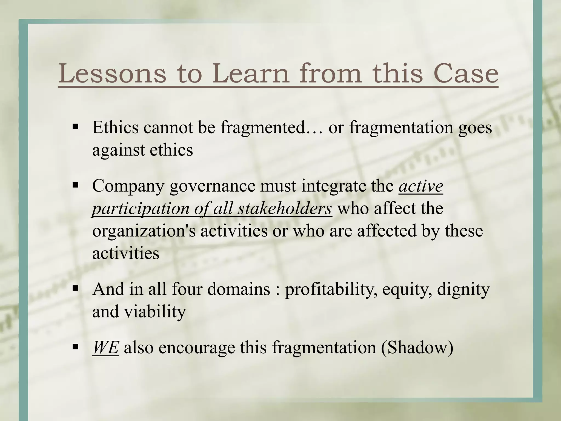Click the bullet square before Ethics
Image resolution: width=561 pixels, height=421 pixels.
pos(75,127)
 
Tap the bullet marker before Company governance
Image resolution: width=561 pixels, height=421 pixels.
pos(75,185)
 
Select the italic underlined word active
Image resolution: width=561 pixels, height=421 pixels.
pos(421,186)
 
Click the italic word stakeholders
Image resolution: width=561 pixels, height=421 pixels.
pos(285,209)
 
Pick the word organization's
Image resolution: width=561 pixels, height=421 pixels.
pos(144,231)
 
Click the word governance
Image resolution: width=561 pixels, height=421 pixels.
pos(212,186)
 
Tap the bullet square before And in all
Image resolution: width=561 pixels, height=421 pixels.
pos(75,288)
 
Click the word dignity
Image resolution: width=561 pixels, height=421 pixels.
pos(463,289)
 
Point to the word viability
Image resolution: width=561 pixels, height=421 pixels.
pos(155,312)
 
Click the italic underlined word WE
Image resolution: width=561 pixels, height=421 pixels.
pos(105,348)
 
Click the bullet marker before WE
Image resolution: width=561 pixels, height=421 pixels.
pos(75,347)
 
